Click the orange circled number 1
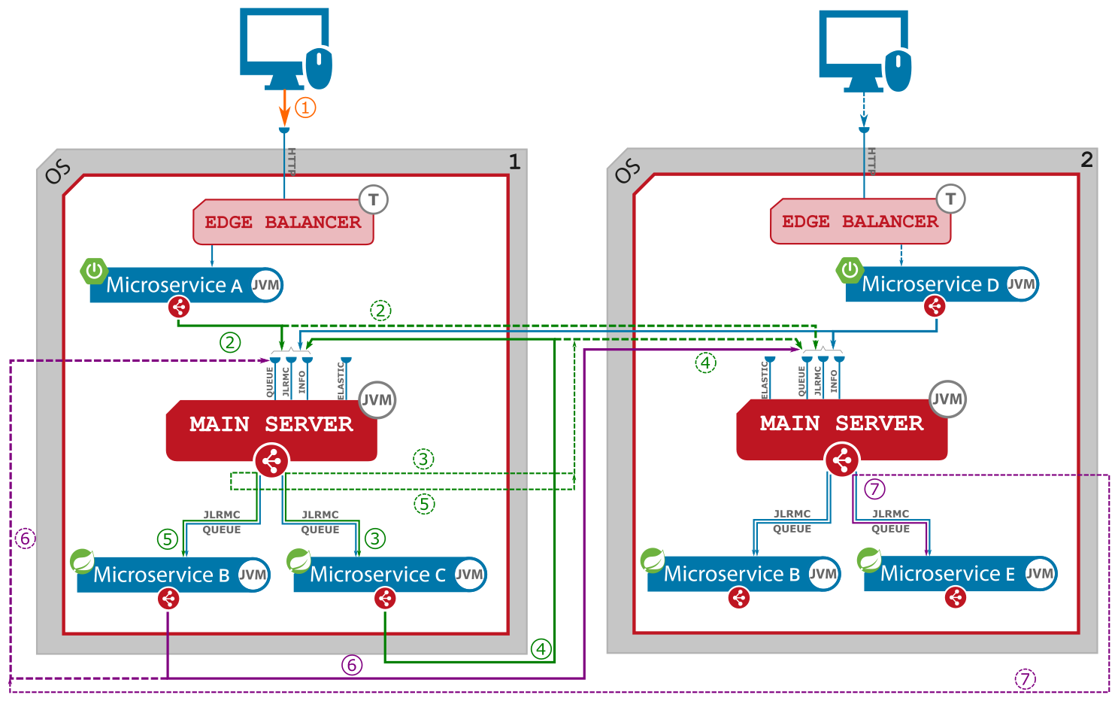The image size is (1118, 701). tap(305, 108)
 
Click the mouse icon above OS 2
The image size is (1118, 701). tap(898, 71)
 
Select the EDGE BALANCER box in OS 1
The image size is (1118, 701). tap(283, 223)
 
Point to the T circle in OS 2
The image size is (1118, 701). tap(950, 199)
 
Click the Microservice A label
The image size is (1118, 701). tap(174, 285)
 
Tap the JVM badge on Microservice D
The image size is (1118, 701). tap(1022, 284)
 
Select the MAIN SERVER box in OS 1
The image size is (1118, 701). tap(271, 425)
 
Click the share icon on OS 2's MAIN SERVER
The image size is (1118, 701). tap(842, 460)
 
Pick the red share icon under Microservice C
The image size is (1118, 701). tap(385, 598)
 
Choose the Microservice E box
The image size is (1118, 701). tap(948, 574)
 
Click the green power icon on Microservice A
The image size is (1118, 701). tap(94, 270)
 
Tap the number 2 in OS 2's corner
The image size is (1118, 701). tap(1086, 159)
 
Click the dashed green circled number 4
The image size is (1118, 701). tap(705, 363)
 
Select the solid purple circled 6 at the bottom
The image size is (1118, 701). tap(352, 665)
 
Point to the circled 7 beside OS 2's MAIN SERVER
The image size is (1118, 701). tap(874, 489)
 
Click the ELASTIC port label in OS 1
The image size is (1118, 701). tap(341, 381)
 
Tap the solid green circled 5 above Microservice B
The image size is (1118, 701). tap(168, 539)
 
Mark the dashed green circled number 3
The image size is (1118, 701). tap(423, 459)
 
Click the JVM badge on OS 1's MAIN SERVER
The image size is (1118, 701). tap(377, 400)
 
